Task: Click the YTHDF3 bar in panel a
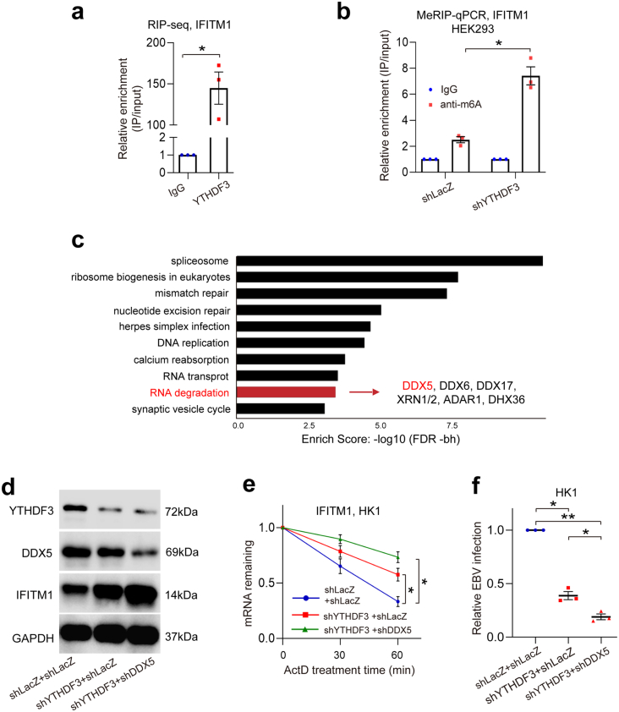[219, 127]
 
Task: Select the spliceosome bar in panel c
[390, 260]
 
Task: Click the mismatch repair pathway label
[190, 293]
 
